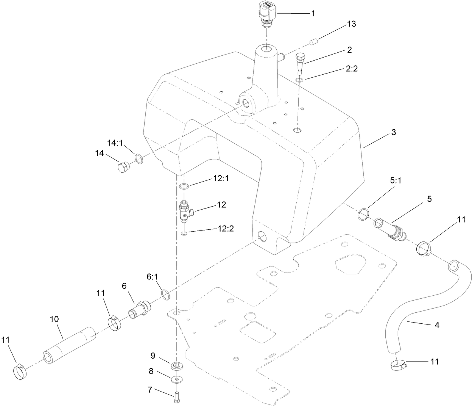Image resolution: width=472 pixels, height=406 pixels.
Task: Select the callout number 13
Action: click(351, 24)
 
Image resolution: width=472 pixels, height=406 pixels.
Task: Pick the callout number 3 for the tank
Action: click(394, 132)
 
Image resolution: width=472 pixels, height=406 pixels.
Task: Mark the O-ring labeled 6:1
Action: click(165, 294)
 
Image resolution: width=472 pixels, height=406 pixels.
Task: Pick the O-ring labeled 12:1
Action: click(184, 186)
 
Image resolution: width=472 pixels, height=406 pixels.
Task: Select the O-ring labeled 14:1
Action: click(139, 159)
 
